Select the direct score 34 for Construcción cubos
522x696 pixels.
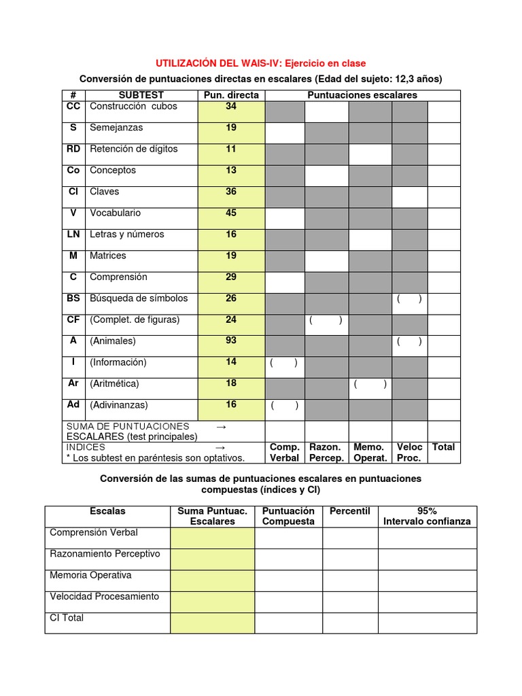[231, 106]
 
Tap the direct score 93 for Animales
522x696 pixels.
[231, 341]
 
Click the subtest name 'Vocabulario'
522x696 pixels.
[115, 213]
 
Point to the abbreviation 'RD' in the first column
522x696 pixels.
[73, 149]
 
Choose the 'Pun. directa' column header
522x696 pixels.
[231, 95]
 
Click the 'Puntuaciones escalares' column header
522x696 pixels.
[362, 95]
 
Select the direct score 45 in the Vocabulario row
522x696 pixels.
[231, 213]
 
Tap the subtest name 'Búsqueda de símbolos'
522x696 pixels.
[139, 298]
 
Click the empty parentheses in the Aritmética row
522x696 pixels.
[370, 384]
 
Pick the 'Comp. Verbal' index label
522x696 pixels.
[285, 453]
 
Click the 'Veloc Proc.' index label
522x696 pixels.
[410, 453]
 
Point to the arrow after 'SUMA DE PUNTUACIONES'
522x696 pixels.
[220, 426]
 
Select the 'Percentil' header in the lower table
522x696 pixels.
[349, 511]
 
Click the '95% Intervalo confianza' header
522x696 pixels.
[427, 517]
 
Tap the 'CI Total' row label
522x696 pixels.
[67, 618]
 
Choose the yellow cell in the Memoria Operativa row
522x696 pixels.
[213, 580]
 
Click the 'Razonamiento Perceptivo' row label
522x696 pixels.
[105, 554]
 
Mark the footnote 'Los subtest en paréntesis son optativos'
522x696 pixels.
[149, 457]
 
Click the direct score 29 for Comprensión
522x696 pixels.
[231, 277]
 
